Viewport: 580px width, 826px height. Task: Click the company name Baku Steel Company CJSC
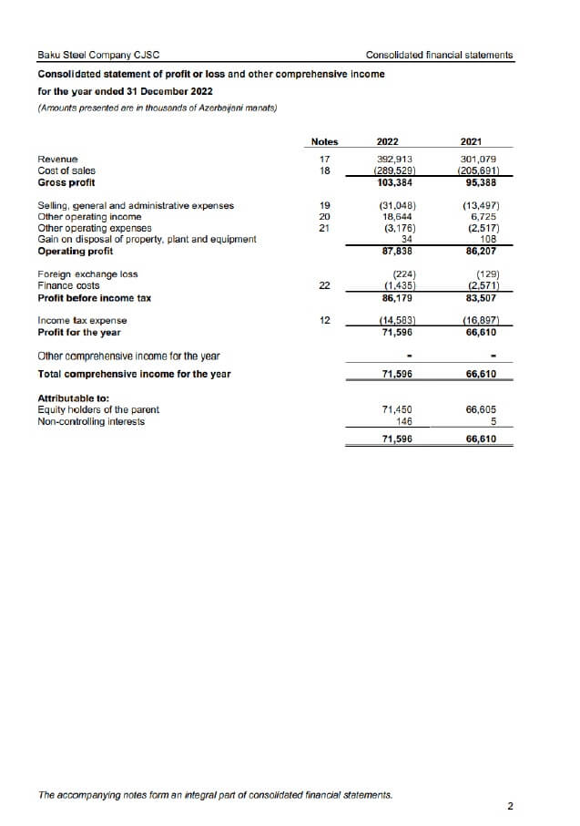(99, 55)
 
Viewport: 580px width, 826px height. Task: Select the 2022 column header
(388, 141)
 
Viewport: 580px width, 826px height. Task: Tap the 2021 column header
(472, 141)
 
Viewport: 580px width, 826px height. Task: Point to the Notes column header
(324, 141)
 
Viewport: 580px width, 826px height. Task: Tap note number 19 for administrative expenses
(324, 206)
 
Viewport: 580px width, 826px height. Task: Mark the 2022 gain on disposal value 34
(406, 240)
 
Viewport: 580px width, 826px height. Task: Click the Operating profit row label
(76, 251)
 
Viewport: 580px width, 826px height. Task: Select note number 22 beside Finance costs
(324, 286)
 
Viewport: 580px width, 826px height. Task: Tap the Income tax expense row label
(82, 321)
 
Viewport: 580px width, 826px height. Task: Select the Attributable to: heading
(73, 398)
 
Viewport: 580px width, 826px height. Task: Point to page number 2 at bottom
(510, 806)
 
